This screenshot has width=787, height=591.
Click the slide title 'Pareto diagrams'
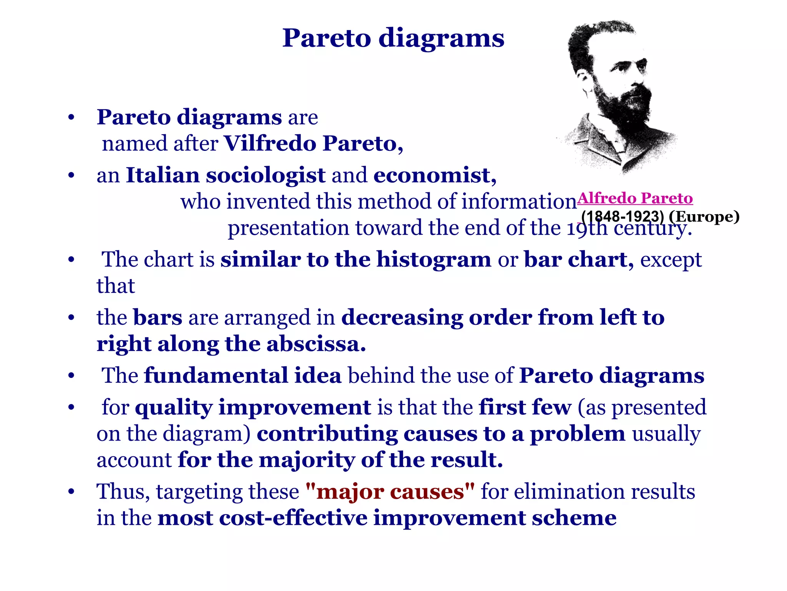click(393, 38)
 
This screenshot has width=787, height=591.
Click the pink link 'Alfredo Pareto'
click(635, 198)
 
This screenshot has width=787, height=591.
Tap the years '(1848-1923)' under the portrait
click(623, 216)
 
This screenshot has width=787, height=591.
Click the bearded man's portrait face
click(619, 77)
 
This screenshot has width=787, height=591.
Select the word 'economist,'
click(435, 175)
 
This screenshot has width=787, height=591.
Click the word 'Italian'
click(163, 175)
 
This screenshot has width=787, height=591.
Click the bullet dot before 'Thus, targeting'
click(71, 492)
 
